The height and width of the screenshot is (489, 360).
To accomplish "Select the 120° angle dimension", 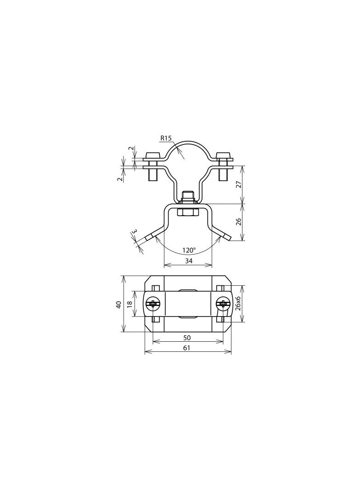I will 189,250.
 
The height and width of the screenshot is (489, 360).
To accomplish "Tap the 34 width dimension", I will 188,261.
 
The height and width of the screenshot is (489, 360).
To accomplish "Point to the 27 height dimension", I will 238,184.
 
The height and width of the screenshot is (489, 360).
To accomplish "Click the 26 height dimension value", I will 238,222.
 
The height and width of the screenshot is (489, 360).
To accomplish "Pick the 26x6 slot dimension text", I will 238,303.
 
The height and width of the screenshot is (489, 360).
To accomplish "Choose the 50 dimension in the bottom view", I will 187,338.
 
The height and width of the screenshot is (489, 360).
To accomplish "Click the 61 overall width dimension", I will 187,348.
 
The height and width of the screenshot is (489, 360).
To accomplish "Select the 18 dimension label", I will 129,304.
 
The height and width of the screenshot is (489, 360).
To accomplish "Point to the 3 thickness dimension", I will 134,232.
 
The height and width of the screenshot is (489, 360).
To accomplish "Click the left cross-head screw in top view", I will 153,303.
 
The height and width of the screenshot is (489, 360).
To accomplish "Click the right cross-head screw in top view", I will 223,303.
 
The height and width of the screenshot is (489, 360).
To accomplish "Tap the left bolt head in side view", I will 152,155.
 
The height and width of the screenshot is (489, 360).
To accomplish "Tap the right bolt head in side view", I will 224,155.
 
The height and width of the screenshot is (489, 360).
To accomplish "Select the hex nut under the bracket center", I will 187,212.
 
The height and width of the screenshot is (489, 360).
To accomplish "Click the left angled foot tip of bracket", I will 149,238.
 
